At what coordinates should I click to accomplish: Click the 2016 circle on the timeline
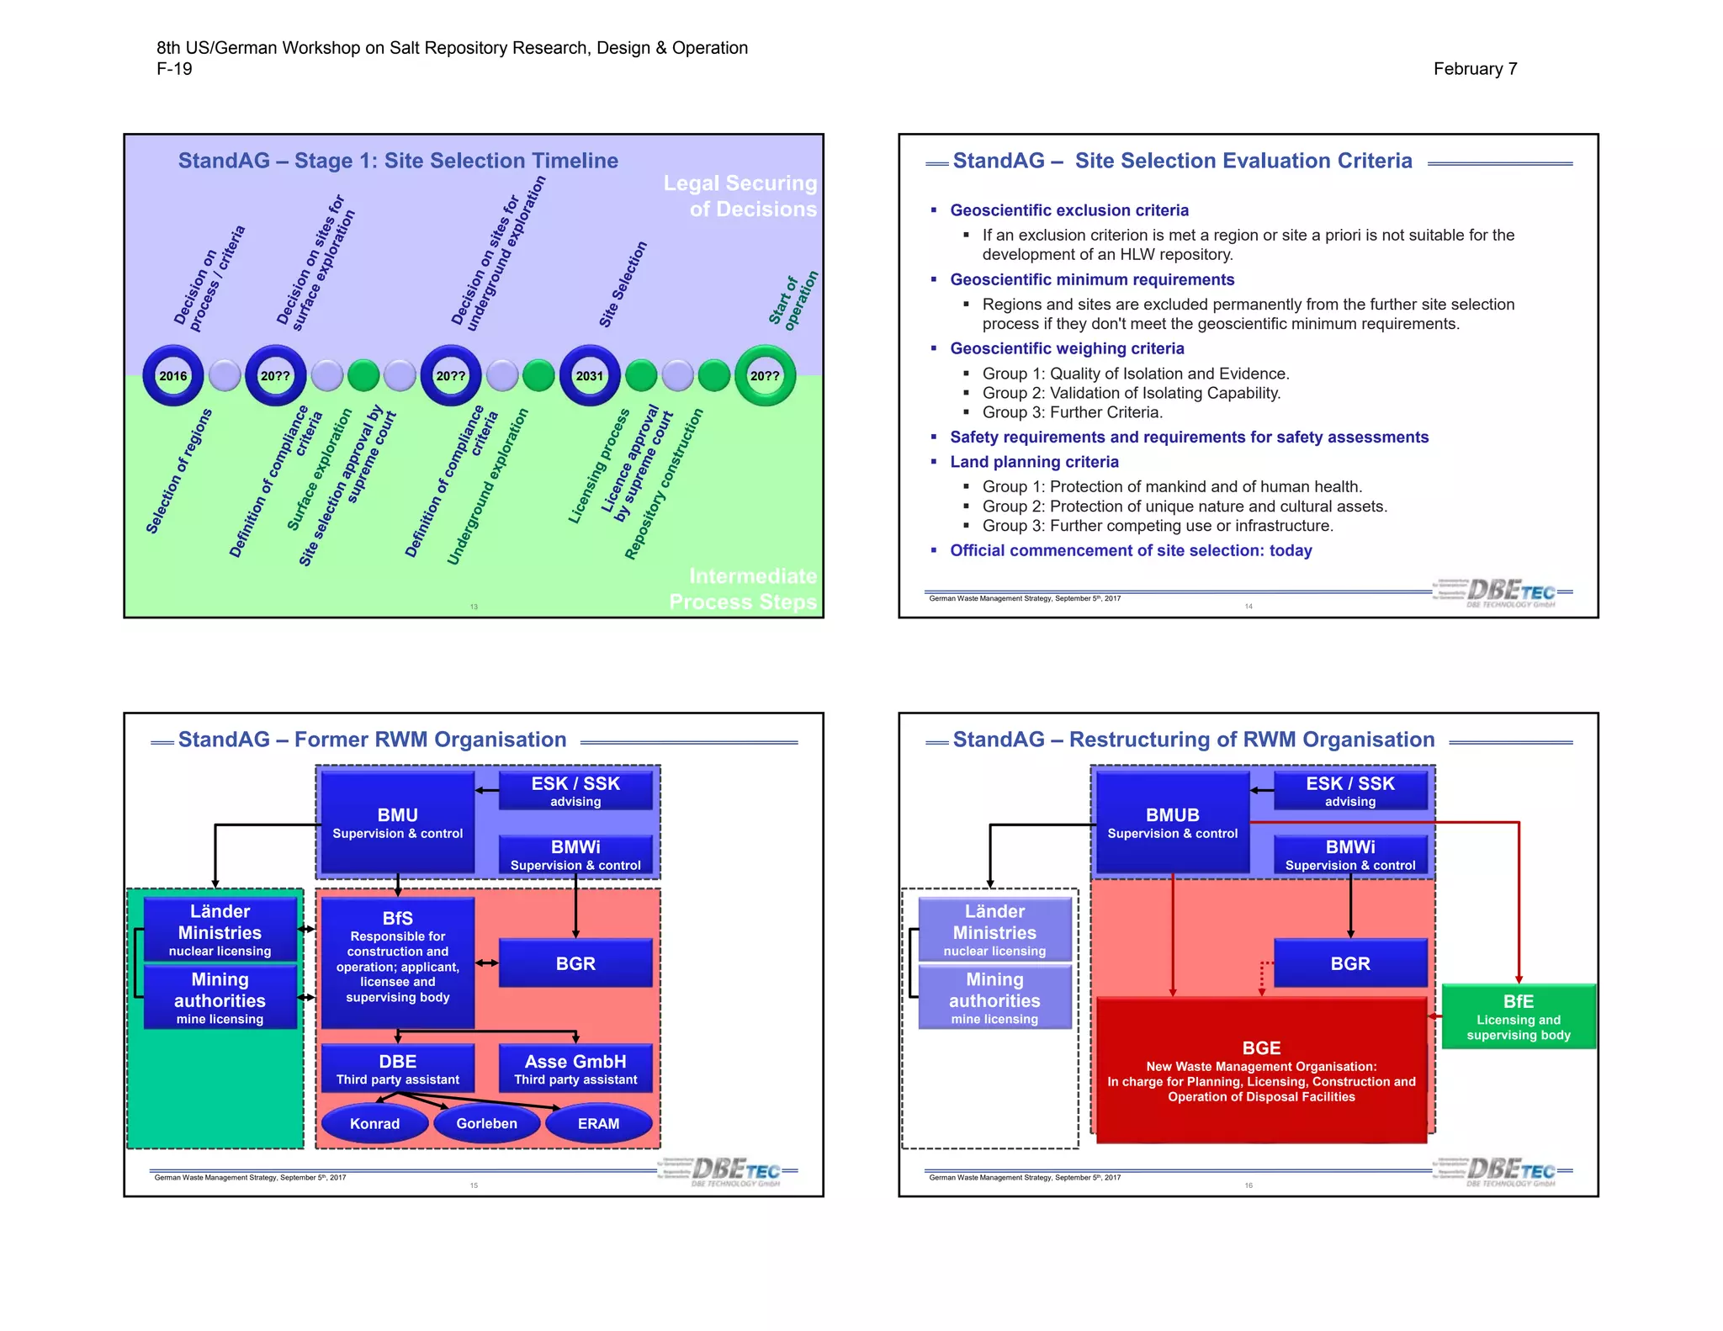point(173,375)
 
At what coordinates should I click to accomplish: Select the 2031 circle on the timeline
point(589,375)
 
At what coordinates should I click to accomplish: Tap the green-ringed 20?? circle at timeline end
point(765,375)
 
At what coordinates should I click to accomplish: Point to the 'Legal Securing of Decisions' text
point(740,196)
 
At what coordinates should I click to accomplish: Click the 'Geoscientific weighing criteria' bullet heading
point(1067,348)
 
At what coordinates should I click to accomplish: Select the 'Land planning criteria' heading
point(1034,462)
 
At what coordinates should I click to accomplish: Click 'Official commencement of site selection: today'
point(1131,550)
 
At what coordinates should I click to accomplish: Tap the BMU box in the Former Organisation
point(397,823)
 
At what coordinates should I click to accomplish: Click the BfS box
point(397,962)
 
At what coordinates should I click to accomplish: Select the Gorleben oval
point(486,1123)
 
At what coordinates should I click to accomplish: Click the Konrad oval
point(374,1123)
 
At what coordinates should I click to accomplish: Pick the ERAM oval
point(598,1123)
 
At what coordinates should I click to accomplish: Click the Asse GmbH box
point(575,1069)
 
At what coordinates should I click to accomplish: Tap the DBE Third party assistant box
point(397,1069)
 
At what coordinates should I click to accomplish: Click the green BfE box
point(1518,1016)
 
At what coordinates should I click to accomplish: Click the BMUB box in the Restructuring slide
point(1172,823)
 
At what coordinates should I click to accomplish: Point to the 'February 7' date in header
point(1475,69)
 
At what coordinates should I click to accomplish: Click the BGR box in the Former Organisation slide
point(575,963)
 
